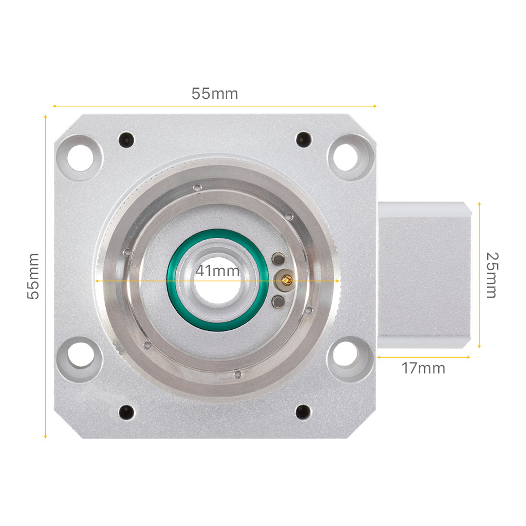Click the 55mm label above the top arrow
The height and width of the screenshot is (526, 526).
tap(215, 94)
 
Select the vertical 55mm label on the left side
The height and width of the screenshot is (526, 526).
tap(33, 276)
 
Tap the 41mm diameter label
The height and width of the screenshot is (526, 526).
tap(217, 271)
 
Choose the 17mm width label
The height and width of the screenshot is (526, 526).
tap(423, 368)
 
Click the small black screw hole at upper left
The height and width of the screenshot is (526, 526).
tap(126, 139)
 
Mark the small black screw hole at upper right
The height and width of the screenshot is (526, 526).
tap(303, 139)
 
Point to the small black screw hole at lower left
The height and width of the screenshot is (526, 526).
tap(126, 412)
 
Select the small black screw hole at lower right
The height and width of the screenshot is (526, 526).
tap(303, 412)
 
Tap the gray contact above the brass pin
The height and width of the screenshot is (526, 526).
tap(278, 259)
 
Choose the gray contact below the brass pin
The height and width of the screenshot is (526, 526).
tap(278, 301)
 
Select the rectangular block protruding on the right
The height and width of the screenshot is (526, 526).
tap(423, 275)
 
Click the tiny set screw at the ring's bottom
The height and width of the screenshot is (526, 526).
tap(237, 375)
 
